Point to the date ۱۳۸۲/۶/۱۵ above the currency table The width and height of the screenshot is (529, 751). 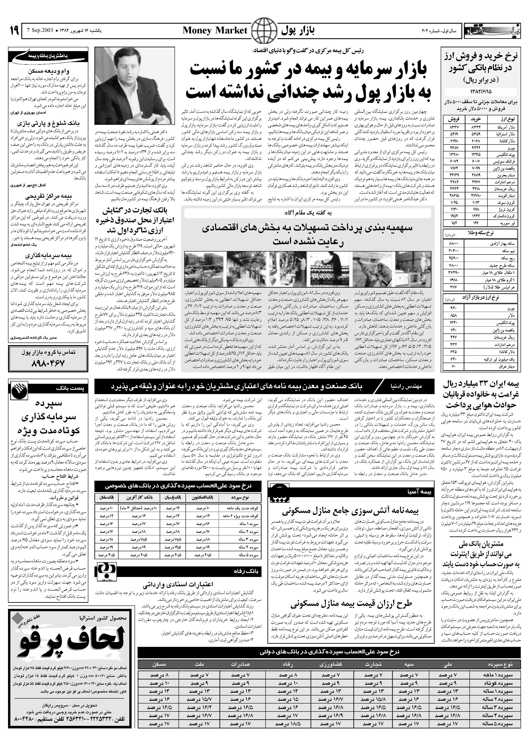click(480, 91)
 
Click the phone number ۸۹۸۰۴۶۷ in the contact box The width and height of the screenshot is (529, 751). click(48, 363)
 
